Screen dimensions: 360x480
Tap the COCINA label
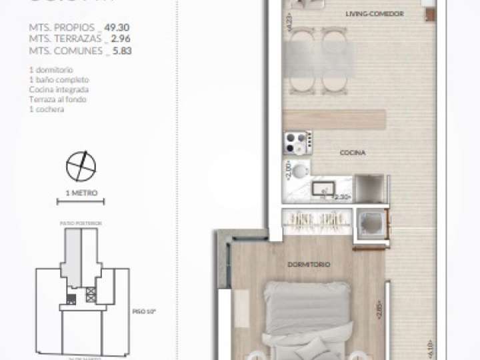(x=352, y=153)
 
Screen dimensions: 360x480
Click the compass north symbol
(x=81, y=166)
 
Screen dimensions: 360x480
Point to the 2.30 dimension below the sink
(x=342, y=197)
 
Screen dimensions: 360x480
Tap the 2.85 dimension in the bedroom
(x=379, y=311)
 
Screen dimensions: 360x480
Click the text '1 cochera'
(x=47, y=109)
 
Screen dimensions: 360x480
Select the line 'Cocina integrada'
(x=58, y=89)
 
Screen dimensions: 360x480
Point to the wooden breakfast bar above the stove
(x=334, y=119)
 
